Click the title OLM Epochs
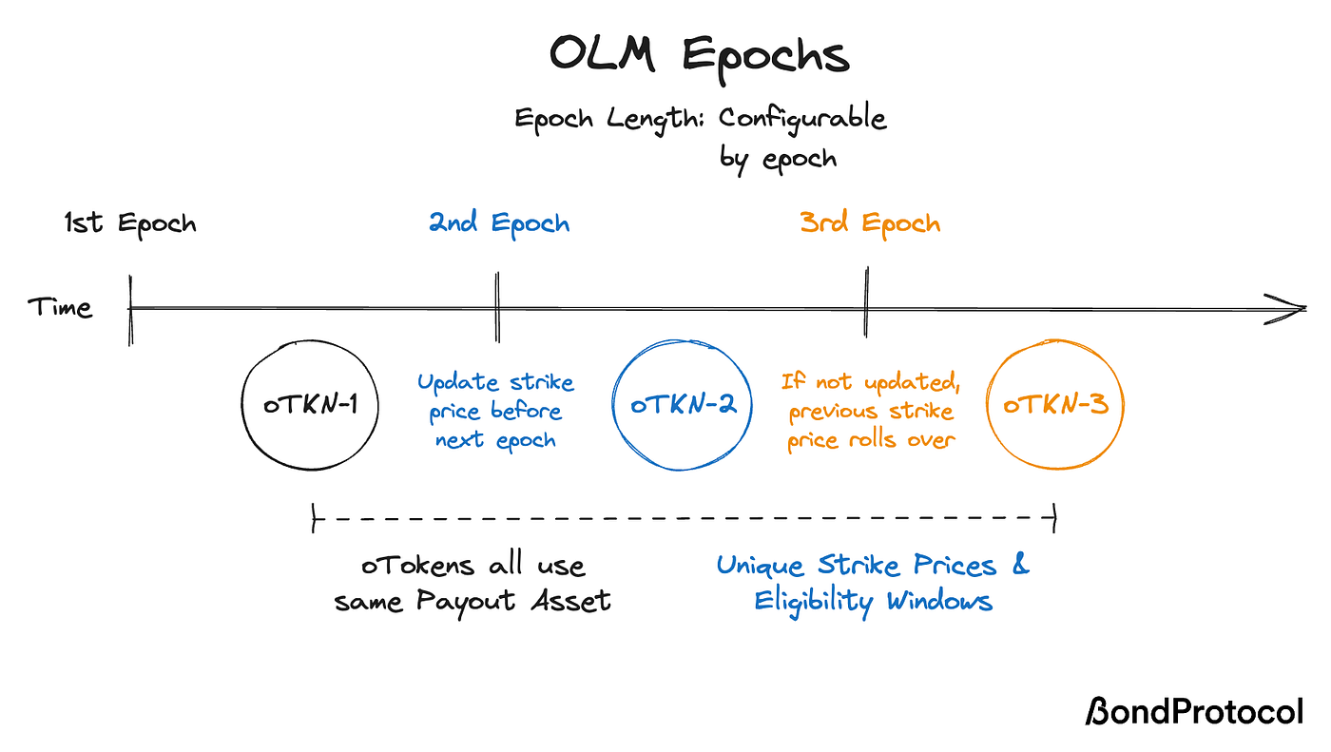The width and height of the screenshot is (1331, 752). [700, 55]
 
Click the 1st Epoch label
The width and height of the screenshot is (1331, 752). [130, 224]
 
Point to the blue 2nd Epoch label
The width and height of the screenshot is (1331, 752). [499, 224]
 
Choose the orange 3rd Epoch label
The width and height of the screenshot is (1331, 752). [870, 224]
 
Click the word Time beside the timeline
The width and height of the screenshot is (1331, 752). [59, 308]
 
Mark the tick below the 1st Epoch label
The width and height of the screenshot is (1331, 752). [130, 309]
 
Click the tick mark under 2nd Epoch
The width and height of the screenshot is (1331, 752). [496, 306]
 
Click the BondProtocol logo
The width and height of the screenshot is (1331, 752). [1194, 712]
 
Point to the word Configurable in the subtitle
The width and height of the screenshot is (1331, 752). [802, 119]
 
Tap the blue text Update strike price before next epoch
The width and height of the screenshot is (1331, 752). [495, 411]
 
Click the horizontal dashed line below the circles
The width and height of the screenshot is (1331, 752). [685, 519]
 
